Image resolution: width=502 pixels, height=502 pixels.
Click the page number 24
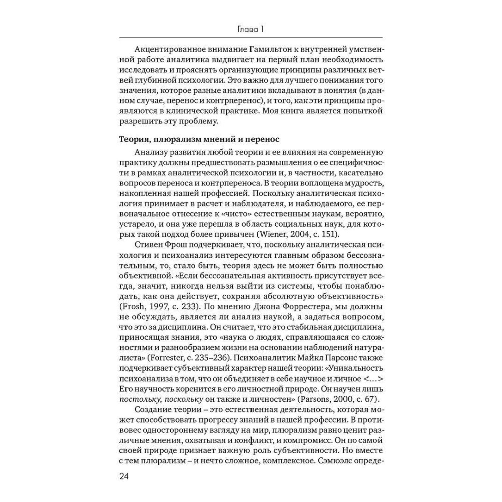click(x=125, y=476)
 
